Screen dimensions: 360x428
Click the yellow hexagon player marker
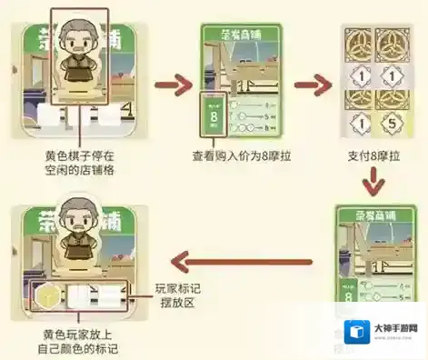tap(45, 295)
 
